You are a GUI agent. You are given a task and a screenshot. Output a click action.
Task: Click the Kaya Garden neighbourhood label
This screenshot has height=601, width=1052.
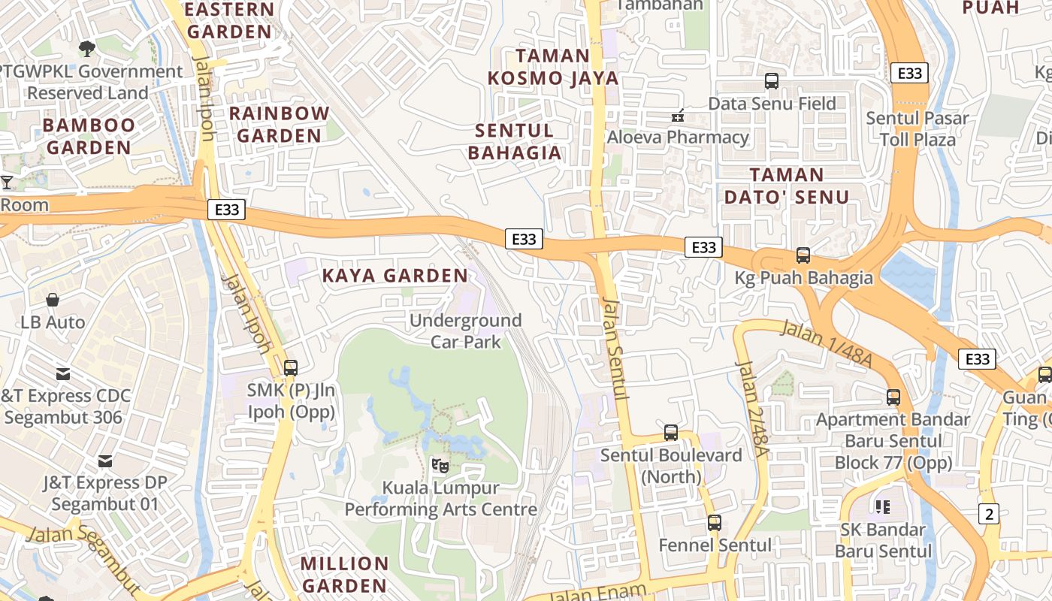[x=395, y=276]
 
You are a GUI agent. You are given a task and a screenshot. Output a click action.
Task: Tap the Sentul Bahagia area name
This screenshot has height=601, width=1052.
[x=515, y=142]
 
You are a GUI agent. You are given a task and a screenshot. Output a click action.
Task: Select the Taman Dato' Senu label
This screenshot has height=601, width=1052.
[x=800, y=186]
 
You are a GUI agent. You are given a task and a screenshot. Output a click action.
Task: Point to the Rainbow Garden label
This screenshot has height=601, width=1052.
[x=279, y=125]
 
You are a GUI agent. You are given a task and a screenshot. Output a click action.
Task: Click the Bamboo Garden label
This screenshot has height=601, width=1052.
[x=89, y=136]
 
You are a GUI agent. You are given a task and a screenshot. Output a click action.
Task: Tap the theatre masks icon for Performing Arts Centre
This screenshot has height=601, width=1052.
[x=440, y=466]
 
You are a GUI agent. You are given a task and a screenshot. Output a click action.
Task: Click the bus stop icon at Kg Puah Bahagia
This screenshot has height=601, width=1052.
[x=803, y=255]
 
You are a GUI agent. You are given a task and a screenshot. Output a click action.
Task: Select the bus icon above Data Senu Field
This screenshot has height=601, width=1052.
[x=772, y=81]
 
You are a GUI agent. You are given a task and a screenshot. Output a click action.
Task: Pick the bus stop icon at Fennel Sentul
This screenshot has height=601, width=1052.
[x=715, y=523]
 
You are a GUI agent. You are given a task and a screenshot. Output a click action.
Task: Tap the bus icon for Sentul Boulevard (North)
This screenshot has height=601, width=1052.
[x=671, y=433]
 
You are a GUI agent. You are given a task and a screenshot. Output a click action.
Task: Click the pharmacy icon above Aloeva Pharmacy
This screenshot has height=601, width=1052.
[x=678, y=116]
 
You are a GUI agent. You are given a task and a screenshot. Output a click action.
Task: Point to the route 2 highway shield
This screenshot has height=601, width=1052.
[x=990, y=514]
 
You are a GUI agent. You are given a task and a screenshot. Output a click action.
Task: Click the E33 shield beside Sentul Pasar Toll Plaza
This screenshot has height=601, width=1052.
[x=910, y=73]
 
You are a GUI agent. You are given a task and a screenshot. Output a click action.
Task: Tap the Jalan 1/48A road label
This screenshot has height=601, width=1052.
[x=826, y=344]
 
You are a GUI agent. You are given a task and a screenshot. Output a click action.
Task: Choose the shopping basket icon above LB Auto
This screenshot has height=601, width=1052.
[x=53, y=300]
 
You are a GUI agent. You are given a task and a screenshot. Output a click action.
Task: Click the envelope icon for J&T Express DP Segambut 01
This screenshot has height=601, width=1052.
[x=105, y=461]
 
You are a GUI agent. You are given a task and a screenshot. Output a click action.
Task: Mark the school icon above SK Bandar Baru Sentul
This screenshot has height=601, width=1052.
[x=883, y=507]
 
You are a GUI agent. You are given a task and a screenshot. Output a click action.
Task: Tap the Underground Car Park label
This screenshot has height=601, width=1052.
[x=465, y=331]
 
